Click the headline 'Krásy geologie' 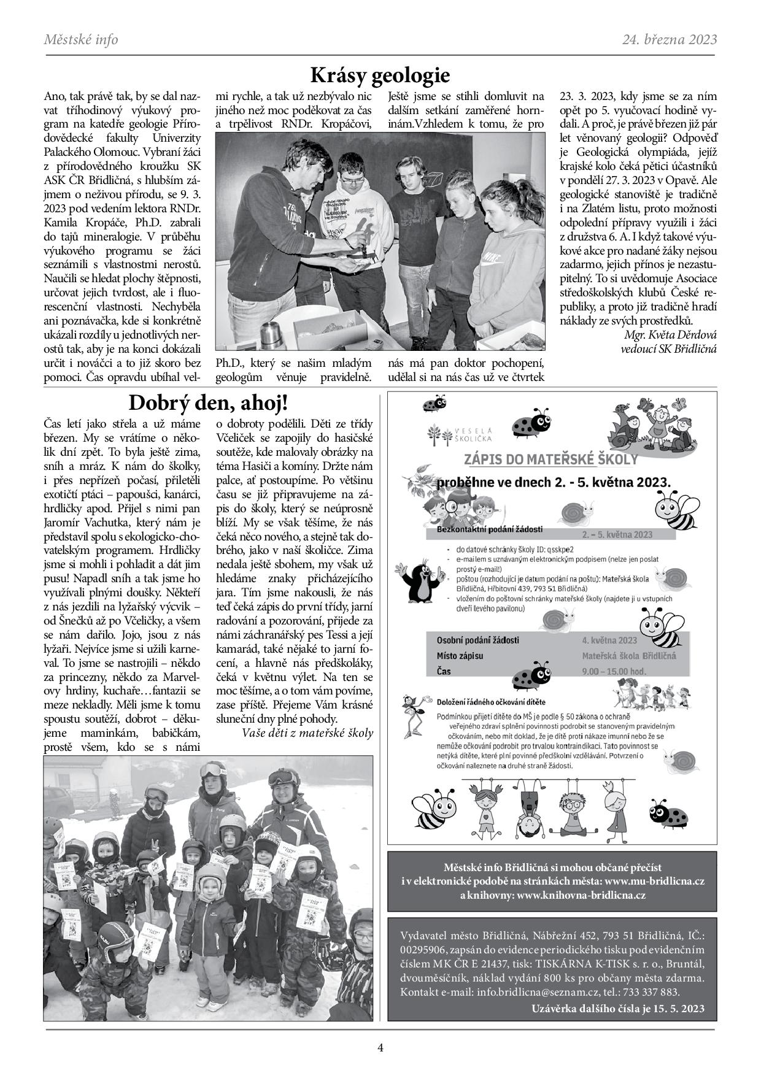coord(380,75)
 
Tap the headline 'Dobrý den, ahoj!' coord(207,403)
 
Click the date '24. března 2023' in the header coord(669,40)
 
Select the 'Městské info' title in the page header coord(81,40)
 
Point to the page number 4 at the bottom coord(380,1048)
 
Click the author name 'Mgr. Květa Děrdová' coord(670,335)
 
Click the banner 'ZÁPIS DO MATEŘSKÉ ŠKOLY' coord(550,459)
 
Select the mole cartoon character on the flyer coord(424,578)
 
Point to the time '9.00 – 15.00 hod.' coord(614,671)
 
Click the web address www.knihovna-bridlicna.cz coord(581,895)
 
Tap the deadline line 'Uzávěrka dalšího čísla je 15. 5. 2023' coord(618,1008)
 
